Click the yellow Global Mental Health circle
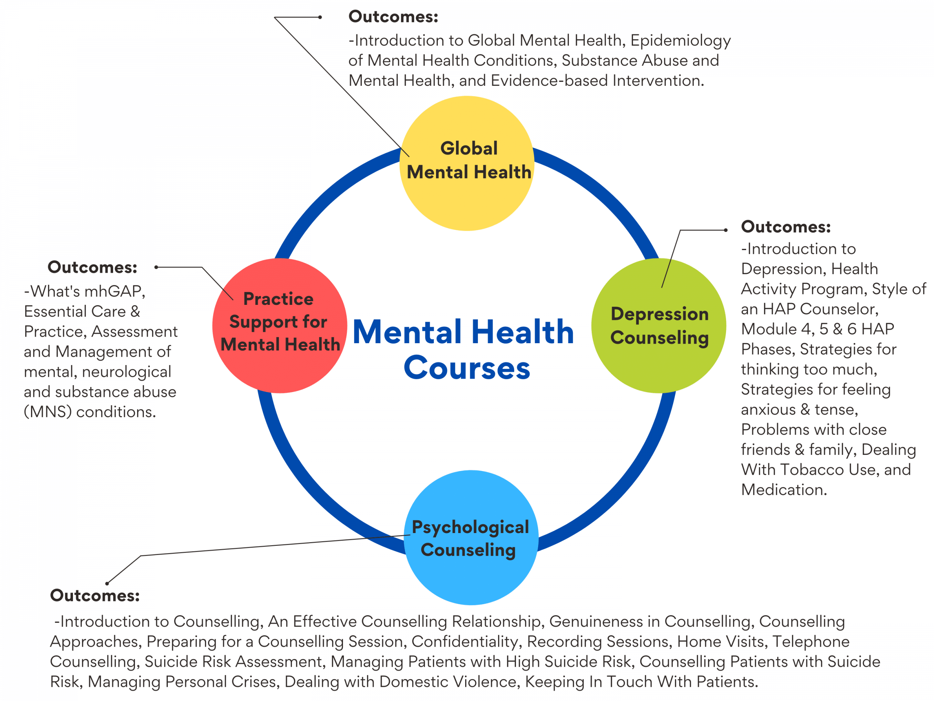(x=467, y=194)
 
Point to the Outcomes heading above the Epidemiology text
(x=393, y=17)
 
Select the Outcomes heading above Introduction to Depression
(x=786, y=227)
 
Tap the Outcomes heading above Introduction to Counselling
(x=94, y=595)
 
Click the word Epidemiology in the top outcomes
(x=680, y=41)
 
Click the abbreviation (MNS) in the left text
(x=48, y=412)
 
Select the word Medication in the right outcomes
(x=784, y=490)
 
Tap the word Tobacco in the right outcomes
(x=812, y=470)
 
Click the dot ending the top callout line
(x=320, y=17)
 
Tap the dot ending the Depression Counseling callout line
(x=725, y=230)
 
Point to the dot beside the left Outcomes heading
(x=156, y=267)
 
